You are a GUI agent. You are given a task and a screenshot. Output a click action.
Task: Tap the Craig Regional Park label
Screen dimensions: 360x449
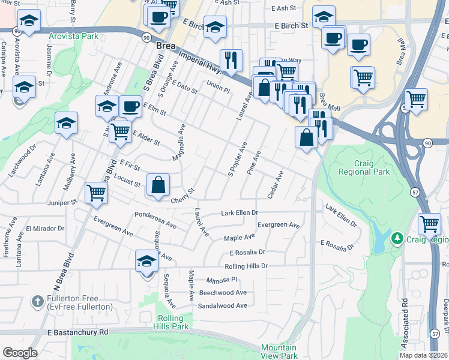click(364, 167)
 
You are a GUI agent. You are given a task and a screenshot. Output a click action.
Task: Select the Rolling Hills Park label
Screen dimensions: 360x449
click(173, 322)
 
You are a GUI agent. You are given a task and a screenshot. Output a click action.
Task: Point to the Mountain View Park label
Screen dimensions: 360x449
click(279, 352)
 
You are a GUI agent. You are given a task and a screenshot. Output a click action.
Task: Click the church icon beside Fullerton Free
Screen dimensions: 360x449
click(37, 299)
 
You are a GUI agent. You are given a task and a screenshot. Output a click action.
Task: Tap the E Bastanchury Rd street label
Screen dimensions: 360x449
click(77, 332)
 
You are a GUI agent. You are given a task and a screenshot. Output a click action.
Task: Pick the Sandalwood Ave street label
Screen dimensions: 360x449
click(223, 305)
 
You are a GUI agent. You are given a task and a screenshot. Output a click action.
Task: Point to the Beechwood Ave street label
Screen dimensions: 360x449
click(223, 293)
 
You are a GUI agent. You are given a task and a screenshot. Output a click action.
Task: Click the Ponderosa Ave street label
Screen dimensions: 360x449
click(155, 219)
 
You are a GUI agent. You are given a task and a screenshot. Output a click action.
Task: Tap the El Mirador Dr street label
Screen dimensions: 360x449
click(44, 229)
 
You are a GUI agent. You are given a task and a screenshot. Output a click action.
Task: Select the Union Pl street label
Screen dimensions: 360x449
click(218, 86)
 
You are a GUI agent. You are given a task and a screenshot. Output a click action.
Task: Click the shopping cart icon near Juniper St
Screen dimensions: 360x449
click(96, 193)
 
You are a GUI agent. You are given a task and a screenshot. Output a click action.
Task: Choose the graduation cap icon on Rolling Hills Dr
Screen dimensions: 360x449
click(146, 261)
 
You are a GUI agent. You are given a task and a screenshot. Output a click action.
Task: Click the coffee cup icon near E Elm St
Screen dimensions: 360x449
click(130, 107)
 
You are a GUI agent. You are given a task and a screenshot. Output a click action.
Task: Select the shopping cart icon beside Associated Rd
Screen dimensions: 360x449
click(429, 224)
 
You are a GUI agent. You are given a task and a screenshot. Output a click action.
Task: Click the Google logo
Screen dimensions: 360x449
click(19, 353)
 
